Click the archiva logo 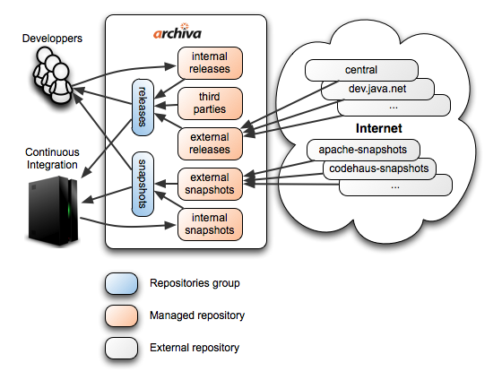pos(177,31)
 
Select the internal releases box pos(210,63)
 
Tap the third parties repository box pos(210,103)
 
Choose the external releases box pos(210,143)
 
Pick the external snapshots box pos(210,184)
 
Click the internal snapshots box pos(210,224)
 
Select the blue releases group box pos(143,108)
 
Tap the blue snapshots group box pos(143,184)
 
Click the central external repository pos(361,70)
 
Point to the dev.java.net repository pos(377,89)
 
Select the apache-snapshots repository pos(363,150)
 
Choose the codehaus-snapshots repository pos(379,168)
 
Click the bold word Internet pos(378,128)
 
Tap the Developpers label pos(52,39)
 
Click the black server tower pos(53,212)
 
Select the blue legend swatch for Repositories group pos(121,283)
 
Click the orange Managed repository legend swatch pos(121,316)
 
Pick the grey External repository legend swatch pos(121,348)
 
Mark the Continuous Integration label pos(52,158)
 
